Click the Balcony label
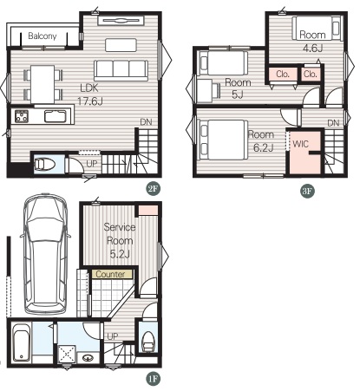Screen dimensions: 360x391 click(x=43, y=36)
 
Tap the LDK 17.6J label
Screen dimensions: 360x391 click(x=89, y=94)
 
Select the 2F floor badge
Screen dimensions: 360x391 click(x=153, y=189)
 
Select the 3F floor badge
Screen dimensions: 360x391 click(x=307, y=191)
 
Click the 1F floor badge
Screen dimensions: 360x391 click(x=153, y=379)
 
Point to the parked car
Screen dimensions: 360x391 click(x=46, y=254)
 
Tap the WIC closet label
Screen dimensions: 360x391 click(x=301, y=144)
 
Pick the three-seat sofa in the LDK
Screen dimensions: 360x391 click(x=121, y=70)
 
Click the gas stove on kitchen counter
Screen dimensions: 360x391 click(x=22, y=116)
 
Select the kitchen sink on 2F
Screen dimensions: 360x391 click(x=56, y=116)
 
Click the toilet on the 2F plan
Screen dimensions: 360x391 click(x=44, y=165)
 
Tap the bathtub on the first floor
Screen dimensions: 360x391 click(x=22, y=342)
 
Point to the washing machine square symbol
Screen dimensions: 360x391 click(x=67, y=354)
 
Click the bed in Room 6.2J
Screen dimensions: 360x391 click(x=224, y=140)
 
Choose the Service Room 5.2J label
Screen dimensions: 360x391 click(x=120, y=240)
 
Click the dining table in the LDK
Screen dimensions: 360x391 click(x=43, y=84)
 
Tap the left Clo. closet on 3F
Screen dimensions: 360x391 click(x=283, y=75)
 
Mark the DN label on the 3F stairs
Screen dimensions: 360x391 click(x=333, y=123)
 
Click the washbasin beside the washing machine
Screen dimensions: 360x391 click(x=88, y=358)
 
